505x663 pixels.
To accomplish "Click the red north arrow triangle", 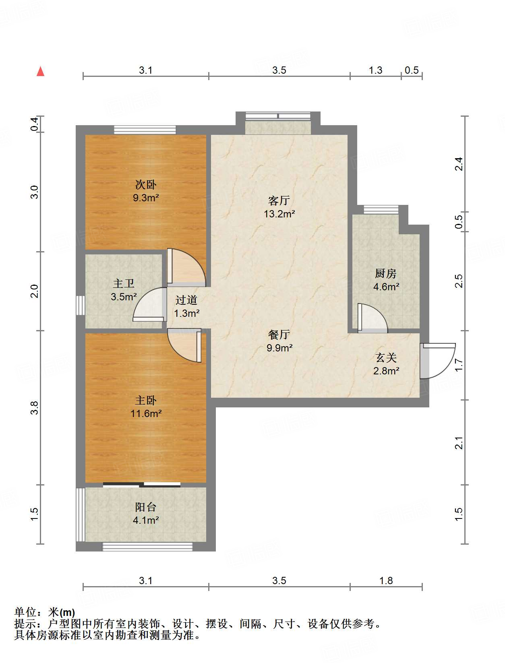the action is pos(40,72).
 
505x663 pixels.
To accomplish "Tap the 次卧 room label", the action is pos(146,184).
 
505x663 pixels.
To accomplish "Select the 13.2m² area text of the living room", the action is pos(279,214).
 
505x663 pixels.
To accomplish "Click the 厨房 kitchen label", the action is pos(386,273).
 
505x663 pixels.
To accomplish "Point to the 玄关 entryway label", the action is pos(386,357).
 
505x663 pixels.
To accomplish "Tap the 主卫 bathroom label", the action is pos(124,283).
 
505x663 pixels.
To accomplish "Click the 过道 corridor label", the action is pos(186,300).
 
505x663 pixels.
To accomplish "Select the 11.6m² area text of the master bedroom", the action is pos(146,413).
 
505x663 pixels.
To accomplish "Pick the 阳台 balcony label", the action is pos(146,507).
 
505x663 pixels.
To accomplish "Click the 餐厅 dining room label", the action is pos(279,335).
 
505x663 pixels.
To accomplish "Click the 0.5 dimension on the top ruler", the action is pos(412,70).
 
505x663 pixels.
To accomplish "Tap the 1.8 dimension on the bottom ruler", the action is pos(386,580).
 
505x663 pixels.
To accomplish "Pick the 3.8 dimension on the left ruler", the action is pos(35,408).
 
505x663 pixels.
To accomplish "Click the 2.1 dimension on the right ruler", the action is pos(459,443).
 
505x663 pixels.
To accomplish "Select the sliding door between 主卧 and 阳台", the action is pos(142,485).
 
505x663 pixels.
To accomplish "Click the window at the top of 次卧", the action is pos(145,130).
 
